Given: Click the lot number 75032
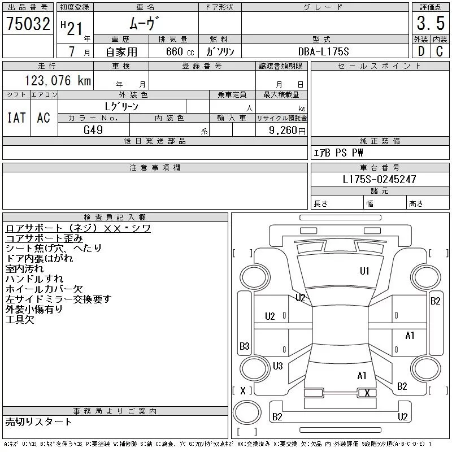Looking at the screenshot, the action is point(28,24).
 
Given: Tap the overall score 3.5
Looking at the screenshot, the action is point(429,24).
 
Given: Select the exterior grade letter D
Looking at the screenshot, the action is point(420,51).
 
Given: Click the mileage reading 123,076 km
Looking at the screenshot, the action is point(57,81).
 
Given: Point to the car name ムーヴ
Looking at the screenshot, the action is point(145,24).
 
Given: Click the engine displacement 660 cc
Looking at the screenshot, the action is point(173,51).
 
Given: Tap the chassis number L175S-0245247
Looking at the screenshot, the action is point(380,180).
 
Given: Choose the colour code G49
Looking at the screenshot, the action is point(94,130).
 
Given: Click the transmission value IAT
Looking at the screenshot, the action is point(16,118).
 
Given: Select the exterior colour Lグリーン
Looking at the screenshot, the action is point(122,106).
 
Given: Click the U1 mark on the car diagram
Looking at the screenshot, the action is point(364,271).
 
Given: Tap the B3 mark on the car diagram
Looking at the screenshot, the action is point(245,346).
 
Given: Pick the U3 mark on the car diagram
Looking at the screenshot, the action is point(277,366).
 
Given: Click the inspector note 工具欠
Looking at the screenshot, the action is point(19,320).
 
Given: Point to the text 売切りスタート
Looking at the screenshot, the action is point(38,422).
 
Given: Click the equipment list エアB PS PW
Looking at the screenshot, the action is point(339,153).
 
